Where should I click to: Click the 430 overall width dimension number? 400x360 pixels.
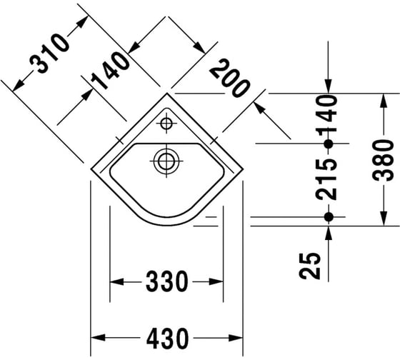[168, 339]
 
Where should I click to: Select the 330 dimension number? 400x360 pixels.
[167, 281]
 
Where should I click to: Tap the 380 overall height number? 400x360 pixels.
[383, 160]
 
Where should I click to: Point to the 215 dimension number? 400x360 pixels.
[326, 179]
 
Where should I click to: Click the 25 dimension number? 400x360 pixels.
[310, 266]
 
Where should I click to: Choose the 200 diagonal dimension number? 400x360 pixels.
[229, 78]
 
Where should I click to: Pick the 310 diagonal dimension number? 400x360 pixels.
[49, 54]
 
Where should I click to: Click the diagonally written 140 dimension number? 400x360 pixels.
[110, 71]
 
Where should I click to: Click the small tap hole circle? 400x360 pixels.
[166, 124]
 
